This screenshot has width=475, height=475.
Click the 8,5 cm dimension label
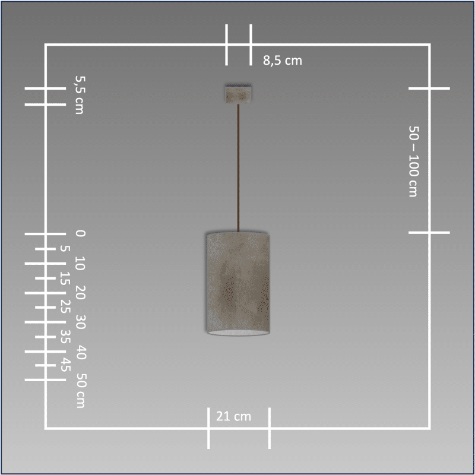283,61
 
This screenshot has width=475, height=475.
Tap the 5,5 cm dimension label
80,95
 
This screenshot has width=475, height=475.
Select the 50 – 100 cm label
414,161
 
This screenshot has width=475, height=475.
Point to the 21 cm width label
233,416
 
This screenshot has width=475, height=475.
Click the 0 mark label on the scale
80,233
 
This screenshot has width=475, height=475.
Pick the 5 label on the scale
65,248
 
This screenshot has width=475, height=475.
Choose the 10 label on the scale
80,263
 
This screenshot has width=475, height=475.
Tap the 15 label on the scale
65,278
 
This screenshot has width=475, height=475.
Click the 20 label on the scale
80,292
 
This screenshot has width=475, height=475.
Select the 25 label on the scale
65,306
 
